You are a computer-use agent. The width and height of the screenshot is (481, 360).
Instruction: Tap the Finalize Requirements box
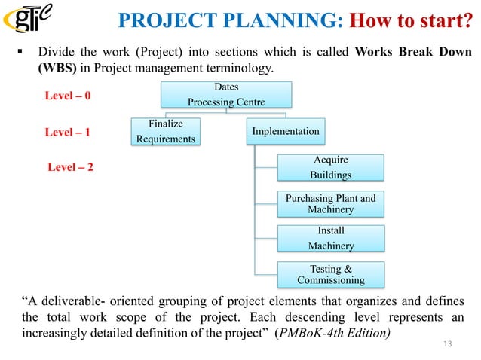tap(164, 131)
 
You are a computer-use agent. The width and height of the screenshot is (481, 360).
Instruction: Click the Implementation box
tap(286, 131)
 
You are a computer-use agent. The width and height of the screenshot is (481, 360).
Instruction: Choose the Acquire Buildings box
tap(330, 167)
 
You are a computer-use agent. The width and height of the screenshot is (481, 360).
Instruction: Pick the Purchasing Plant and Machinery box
tap(330, 203)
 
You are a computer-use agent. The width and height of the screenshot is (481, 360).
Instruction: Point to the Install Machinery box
tap(330, 238)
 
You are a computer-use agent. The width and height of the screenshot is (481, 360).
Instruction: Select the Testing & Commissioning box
tap(330, 274)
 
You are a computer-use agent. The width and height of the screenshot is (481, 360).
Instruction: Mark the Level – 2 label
tap(71, 166)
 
